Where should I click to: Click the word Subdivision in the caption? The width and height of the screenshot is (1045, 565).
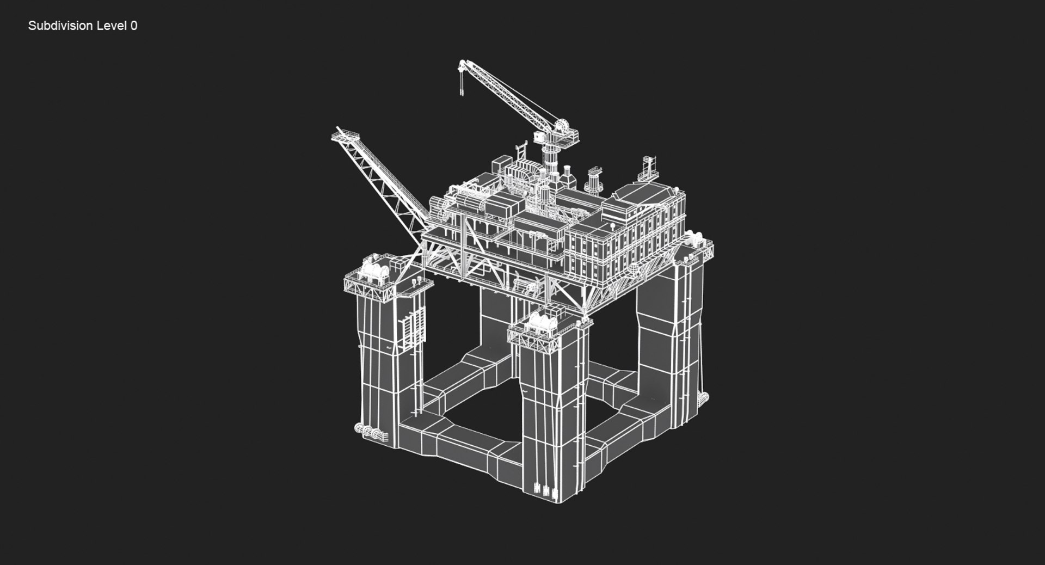(60, 26)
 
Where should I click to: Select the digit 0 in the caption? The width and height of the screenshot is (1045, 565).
(134, 26)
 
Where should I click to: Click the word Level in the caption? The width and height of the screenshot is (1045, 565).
(111, 26)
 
